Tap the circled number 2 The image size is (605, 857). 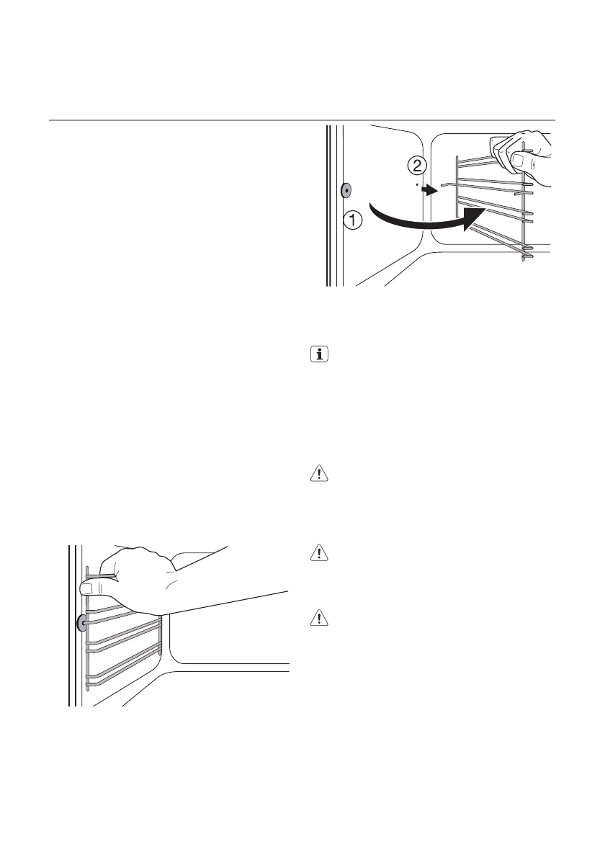[x=416, y=166]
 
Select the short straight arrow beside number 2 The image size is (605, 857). [x=429, y=191]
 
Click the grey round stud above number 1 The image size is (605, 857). [x=346, y=190]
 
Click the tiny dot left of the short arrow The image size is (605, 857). [x=418, y=185]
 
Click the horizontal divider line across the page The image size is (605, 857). [x=302, y=120]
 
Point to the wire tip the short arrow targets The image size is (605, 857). [x=442, y=185]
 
